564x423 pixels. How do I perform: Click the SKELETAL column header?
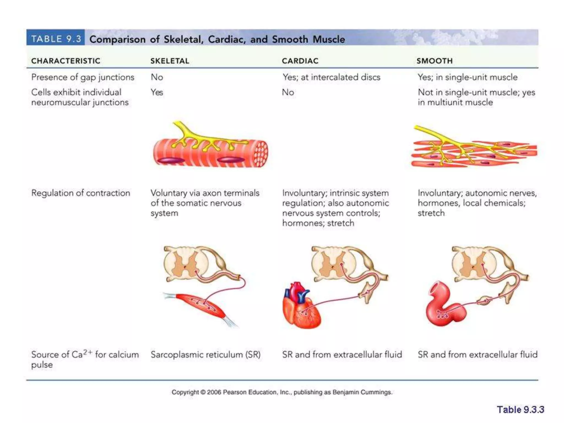coord(170,61)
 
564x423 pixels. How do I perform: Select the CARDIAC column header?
coord(300,61)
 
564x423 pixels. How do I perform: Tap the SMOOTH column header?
coord(434,61)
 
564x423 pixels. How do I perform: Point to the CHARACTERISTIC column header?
coord(66,61)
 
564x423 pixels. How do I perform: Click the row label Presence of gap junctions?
coord(83,77)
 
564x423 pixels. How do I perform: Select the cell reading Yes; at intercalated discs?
coord(331,77)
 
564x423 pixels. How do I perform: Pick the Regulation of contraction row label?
coord(80,193)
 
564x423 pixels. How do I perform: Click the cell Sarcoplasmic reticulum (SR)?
coord(205,354)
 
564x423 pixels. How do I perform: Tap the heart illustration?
coord(301,307)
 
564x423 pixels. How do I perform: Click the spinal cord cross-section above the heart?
coord(333,263)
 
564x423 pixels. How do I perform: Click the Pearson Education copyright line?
coord(282,392)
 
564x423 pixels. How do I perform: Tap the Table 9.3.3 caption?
coord(520,410)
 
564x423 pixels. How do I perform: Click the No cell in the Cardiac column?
coord(288,92)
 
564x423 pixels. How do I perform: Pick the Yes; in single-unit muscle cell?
coord(467,77)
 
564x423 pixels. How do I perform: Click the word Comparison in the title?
coord(117,39)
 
